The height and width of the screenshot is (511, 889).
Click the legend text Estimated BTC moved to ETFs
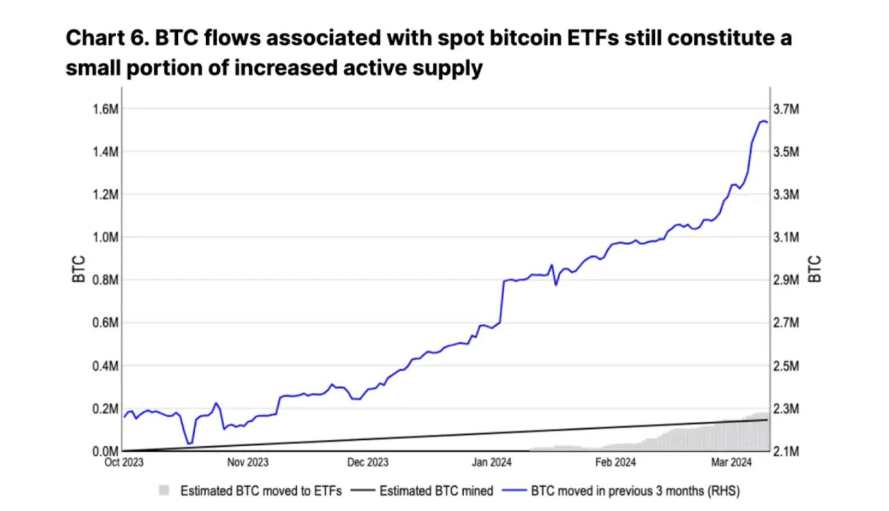(x=261, y=491)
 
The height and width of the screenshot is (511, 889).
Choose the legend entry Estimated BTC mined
(x=436, y=491)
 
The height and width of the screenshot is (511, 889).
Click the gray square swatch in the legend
(x=164, y=491)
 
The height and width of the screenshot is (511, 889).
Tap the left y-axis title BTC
(x=79, y=270)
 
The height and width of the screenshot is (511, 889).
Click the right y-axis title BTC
(x=814, y=270)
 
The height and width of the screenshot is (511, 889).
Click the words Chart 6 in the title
(x=106, y=39)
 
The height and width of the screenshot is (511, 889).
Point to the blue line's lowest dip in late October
(x=189, y=443)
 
